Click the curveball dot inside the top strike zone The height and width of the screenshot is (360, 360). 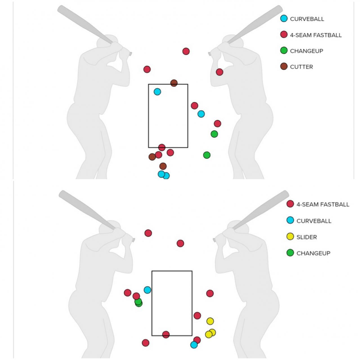tap(157, 91)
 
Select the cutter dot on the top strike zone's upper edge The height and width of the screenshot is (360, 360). tap(174, 83)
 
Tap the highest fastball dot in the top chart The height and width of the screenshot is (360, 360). tap(186, 51)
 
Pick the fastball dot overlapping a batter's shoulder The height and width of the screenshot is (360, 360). tap(220, 72)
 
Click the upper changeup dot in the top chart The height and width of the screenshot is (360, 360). tap(214, 134)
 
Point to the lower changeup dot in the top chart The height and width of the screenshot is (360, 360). tap(207, 155)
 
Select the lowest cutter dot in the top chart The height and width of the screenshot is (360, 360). tap(163, 166)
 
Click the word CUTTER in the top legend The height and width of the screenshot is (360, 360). tap(301, 67)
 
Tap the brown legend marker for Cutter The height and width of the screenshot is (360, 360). tap(284, 66)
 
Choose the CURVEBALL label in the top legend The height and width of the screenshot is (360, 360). tap(307, 19)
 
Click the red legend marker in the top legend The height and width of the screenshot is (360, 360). tap(284, 35)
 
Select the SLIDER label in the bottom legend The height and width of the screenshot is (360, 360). tap(307, 237)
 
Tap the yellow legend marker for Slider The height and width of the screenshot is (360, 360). tap(290, 237)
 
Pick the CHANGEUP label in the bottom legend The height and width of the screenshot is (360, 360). tap(313, 253)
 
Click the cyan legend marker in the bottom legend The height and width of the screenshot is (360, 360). tap(290, 220)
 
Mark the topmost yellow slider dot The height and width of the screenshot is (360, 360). tap(210, 321)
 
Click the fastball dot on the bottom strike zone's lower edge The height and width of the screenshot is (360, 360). tap(166, 335)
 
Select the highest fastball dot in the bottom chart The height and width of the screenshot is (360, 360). tap(148, 233)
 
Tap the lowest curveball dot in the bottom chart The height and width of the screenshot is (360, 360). tap(194, 345)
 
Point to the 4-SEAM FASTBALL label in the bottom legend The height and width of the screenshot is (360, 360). tap(323, 205)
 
